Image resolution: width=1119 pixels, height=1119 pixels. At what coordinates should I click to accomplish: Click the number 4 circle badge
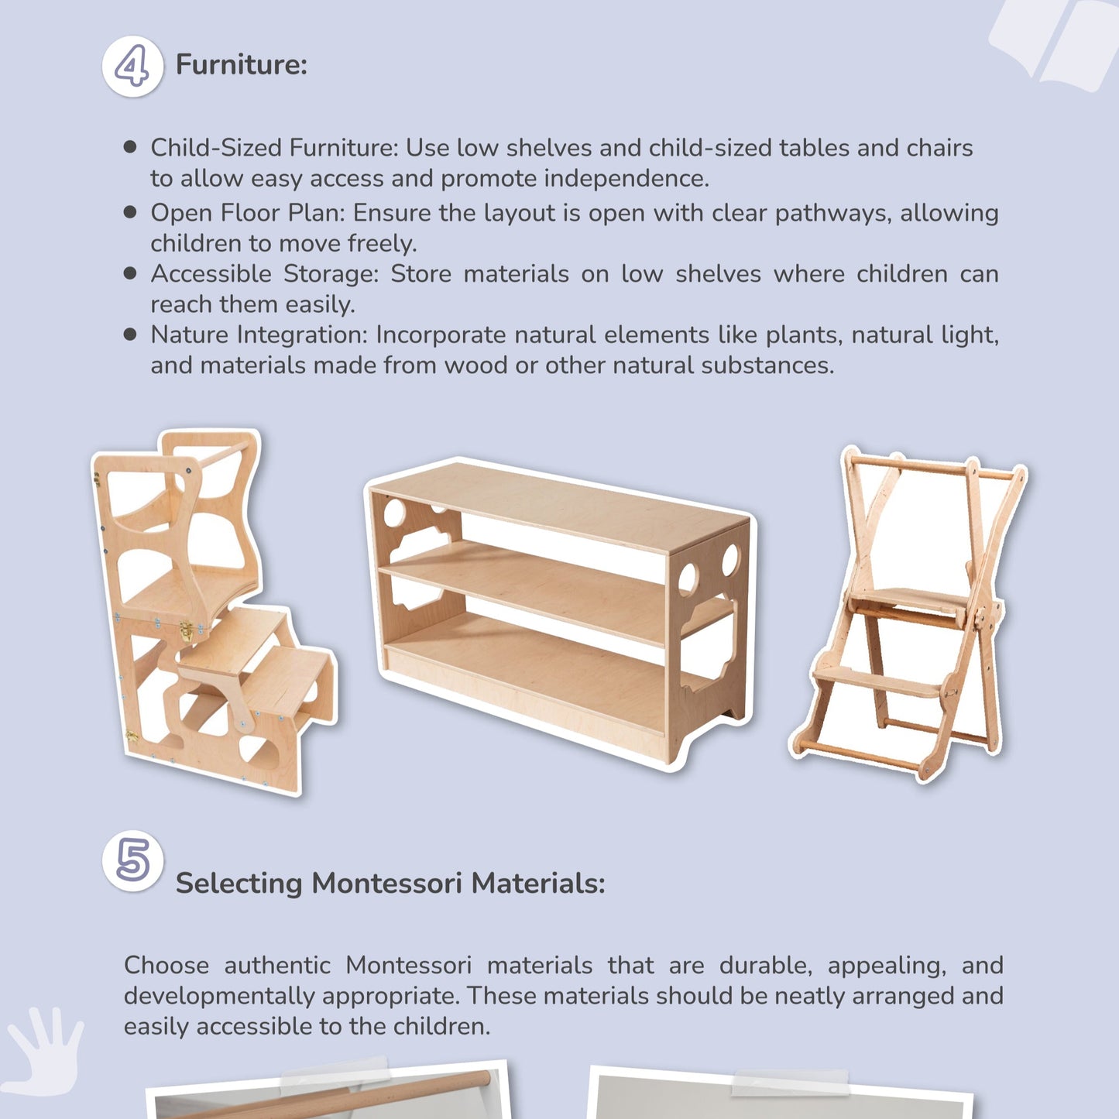click(x=132, y=67)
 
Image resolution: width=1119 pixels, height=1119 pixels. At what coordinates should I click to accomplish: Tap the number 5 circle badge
click(x=132, y=860)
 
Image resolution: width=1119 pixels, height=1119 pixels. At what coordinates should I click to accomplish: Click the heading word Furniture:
click(x=241, y=64)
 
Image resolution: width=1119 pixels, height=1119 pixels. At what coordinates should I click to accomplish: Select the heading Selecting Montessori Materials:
click(x=390, y=883)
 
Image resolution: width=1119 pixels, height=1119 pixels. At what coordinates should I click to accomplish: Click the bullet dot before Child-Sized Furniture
click(x=130, y=147)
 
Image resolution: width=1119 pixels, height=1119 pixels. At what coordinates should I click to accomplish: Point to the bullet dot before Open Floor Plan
click(x=130, y=212)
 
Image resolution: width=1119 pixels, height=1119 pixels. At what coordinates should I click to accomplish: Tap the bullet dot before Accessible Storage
click(x=130, y=273)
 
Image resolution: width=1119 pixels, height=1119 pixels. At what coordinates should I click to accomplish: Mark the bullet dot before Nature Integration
click(x=130, y=335)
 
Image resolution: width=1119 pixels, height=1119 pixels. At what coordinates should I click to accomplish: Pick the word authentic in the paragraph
click(x=276, y=966)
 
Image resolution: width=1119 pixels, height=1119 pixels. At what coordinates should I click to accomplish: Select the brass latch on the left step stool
click(x=187, y=632)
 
